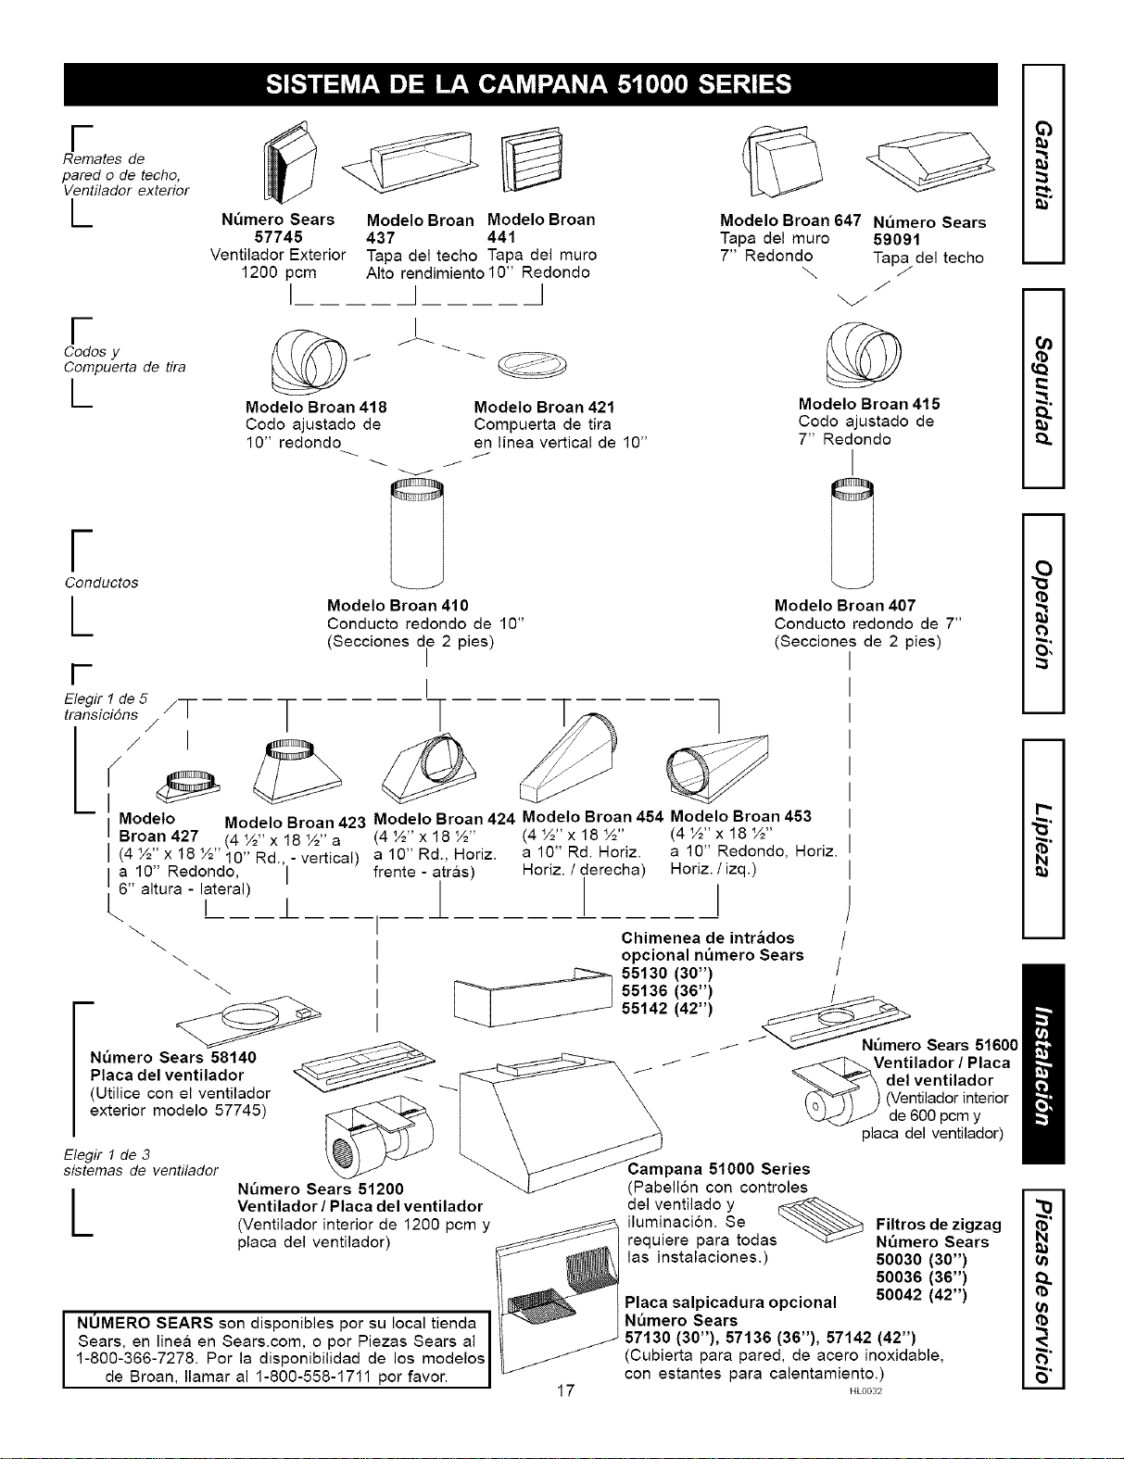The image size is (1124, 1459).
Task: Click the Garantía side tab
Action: (1043, 164)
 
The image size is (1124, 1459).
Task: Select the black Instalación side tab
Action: (1043, 1063)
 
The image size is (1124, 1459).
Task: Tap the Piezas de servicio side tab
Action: (1043, 1288)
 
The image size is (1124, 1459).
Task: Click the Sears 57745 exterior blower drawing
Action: (290, 162)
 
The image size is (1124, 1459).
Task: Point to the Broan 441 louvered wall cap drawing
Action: (531, 159)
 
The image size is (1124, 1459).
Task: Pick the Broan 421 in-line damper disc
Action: (533, 365)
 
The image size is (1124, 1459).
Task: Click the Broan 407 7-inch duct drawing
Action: (852, 534)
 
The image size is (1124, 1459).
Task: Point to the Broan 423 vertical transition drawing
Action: (297, 772)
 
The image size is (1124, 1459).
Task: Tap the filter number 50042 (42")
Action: (921, 1294)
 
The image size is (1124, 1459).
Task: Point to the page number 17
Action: (566, 1390)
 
